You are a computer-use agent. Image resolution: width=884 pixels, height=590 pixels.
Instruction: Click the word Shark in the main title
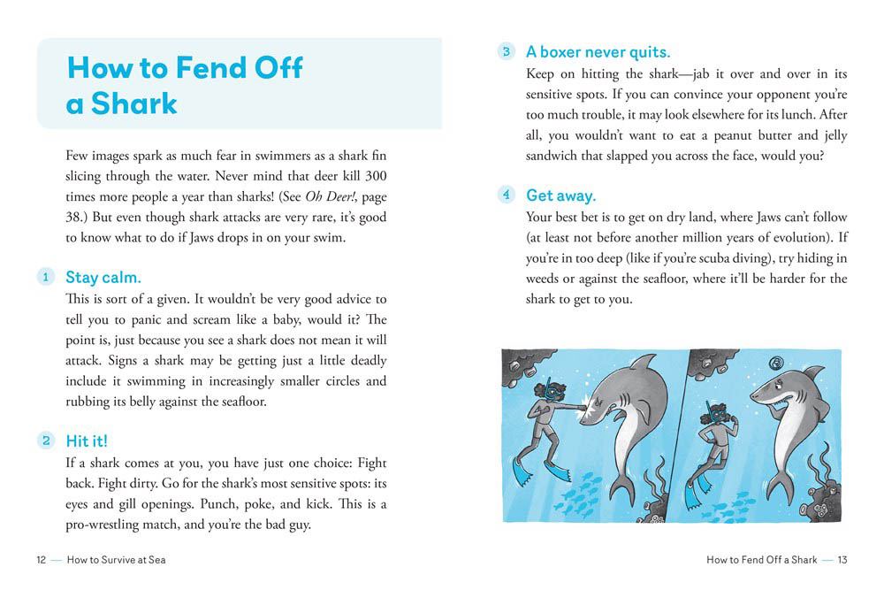(134, 103)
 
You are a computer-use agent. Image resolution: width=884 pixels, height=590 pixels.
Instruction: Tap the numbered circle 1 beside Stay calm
(44, 278)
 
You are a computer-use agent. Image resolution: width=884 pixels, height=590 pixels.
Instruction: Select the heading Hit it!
(87, 441)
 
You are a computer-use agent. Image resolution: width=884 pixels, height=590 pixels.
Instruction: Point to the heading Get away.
(560, 195)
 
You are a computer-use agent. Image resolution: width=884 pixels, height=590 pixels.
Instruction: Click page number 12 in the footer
(42, 559)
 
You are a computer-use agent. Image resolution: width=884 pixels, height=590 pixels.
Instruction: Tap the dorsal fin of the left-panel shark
(646, 364)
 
